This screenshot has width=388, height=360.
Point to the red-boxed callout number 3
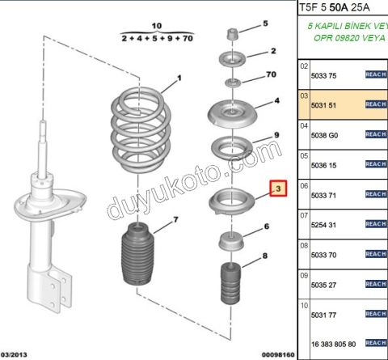point(277,190)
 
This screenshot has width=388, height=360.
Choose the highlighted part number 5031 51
point(324,104)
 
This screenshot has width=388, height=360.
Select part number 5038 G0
point(324,134)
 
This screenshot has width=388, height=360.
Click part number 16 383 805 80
point(331,342)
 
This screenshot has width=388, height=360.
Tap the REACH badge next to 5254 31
point(376,224)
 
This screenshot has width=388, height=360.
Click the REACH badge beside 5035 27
point(376,284)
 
